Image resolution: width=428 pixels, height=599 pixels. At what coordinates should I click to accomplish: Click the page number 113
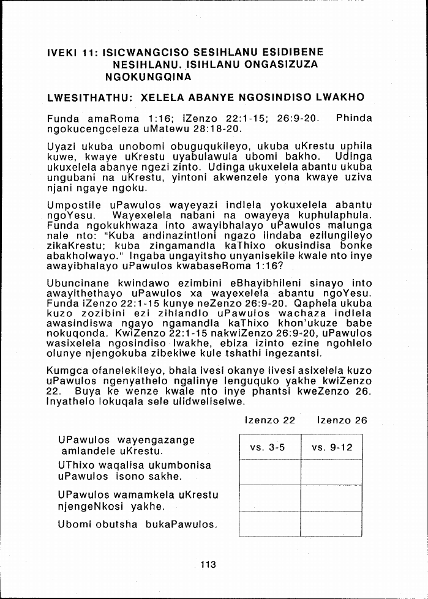(x=208, y=564)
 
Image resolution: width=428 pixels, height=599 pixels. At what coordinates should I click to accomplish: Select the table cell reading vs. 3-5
(x=268, y=447)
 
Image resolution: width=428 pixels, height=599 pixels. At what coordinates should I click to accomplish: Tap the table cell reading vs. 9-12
(x=332, y=447)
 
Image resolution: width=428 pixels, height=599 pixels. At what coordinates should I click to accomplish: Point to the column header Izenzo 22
(x=269, y=420)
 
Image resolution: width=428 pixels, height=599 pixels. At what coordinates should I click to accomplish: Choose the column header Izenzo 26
(x=342, y=420)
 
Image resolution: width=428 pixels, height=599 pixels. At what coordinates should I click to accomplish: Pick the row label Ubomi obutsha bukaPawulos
(x=138, y=524)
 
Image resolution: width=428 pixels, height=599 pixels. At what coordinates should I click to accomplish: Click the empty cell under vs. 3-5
(x=268, y=472)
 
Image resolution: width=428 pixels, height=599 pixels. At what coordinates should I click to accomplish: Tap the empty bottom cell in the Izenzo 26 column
(x=332, y=523)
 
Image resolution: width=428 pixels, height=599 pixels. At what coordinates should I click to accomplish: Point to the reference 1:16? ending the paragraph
(x=267, y=266)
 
